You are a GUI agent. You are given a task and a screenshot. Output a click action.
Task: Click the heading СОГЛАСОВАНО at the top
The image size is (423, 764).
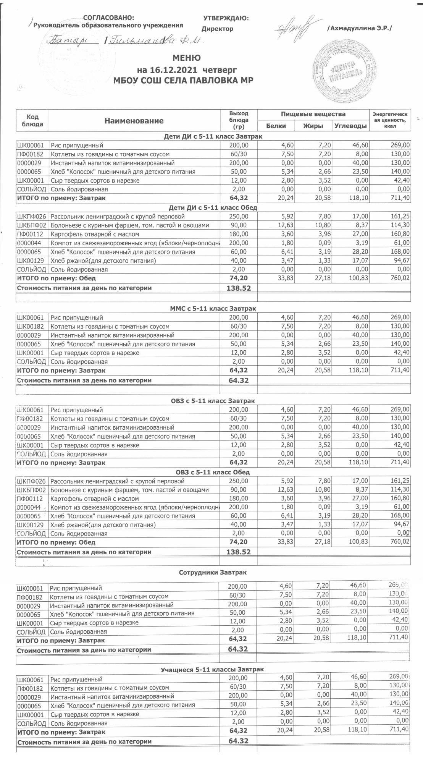pyautogui.click(x=108, y=18)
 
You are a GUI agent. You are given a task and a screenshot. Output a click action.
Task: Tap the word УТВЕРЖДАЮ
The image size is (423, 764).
pyautogui.click(x=226, y=18)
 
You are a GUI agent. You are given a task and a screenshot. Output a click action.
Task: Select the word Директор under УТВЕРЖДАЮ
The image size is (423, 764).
pyautogui.click(x=217, y=29)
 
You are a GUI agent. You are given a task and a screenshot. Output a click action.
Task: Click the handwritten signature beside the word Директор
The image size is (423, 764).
pyautogui.click(x=296, y=26)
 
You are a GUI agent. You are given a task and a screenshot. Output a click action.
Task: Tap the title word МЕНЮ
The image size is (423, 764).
pyautogui.click(x=187, y=58)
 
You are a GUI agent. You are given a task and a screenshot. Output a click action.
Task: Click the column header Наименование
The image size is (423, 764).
pyautogui.click(x=134, y=121)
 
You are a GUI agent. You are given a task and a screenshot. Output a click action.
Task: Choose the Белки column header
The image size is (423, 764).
pyautogui.click(x=276, y=126)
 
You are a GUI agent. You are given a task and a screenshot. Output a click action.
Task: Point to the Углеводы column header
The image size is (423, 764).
pyautogui.click(x=350, y=126)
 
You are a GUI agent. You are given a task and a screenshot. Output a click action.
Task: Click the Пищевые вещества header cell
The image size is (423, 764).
pyautogui.click(x=313, y=114)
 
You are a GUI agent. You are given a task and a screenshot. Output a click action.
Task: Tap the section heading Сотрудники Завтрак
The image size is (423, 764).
pyautogui.click(x=213, y=573)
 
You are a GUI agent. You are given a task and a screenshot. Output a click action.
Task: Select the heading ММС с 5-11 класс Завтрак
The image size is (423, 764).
pyautogui.click(x=213, y=308)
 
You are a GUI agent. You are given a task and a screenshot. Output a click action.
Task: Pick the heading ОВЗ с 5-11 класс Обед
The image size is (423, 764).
pyautogui.click(x=213, y=472)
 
